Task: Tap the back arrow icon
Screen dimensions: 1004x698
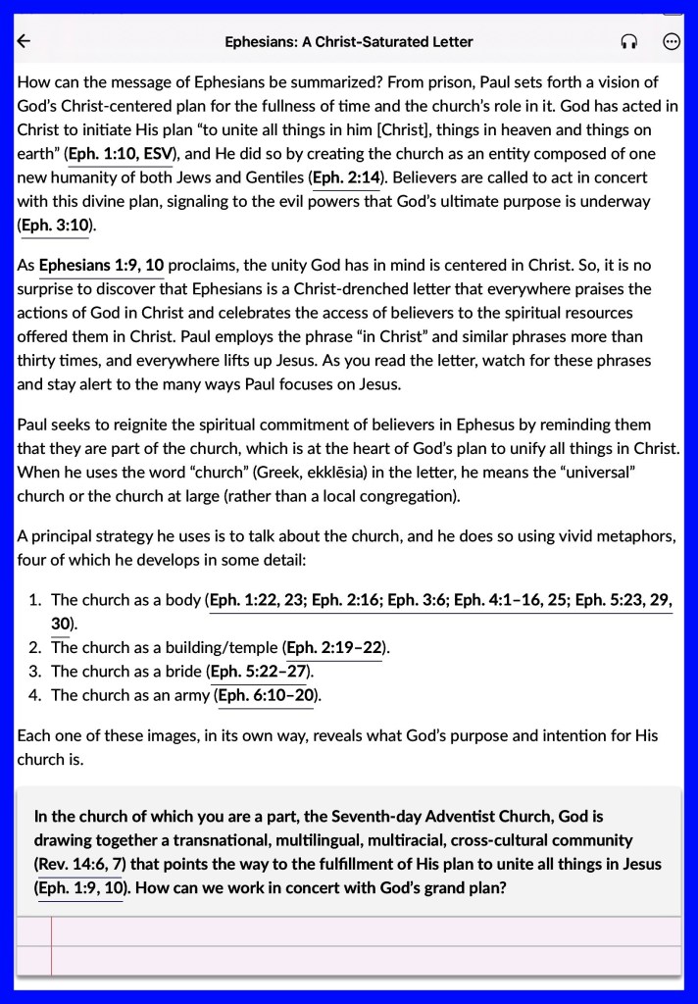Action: tap(25, 41)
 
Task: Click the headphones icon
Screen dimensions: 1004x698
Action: tap(629, 41)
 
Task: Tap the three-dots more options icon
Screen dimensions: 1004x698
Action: tap(672, 41)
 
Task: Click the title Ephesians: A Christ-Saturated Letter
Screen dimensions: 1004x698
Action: tap(349, 41)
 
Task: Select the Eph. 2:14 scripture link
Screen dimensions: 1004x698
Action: tap(345, 177)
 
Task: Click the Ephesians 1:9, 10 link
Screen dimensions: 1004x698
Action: tap(101, 265)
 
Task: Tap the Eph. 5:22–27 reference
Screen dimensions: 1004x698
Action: tap(260, 672)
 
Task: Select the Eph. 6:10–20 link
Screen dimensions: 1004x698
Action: tap(266, 695)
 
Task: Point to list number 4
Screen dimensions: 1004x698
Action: tap(33, 695)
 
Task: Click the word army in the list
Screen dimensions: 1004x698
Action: tap(189, 695)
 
